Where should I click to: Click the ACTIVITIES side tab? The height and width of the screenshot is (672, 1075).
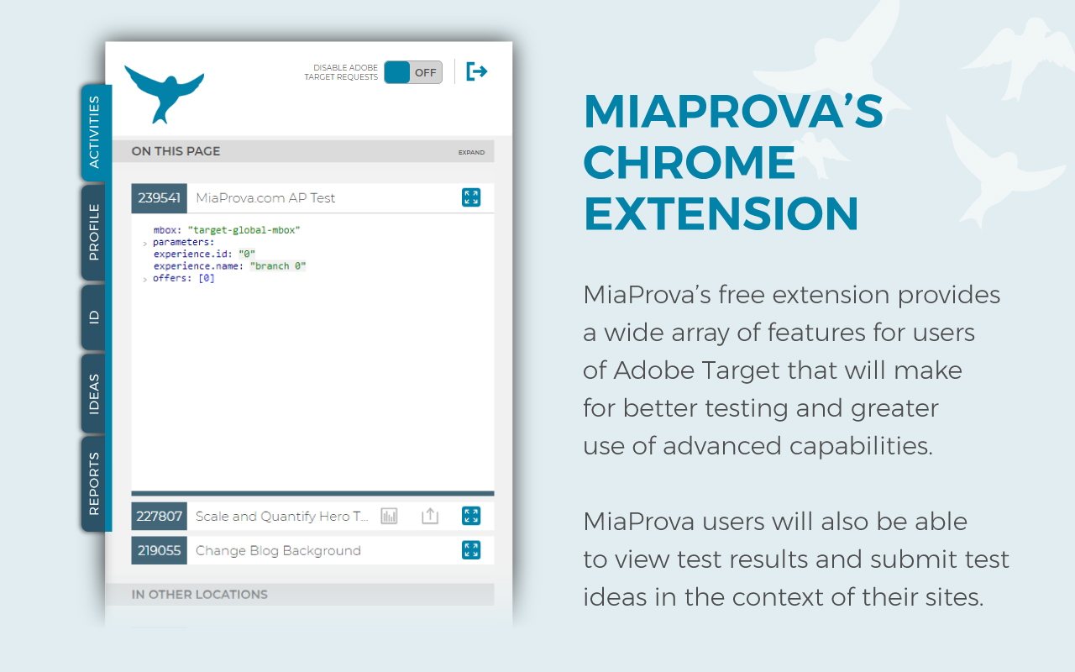(x=95, y=133)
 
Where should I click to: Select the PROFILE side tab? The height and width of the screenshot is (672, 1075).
(x=93, y=233)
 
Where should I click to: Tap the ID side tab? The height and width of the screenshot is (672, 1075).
(x=93, y=317)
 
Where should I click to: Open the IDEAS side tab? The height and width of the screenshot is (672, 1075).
(x=93, y=394)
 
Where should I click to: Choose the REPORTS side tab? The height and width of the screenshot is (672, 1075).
(x=93, y=483)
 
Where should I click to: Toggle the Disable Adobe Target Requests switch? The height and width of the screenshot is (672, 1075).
(x=413, y=72)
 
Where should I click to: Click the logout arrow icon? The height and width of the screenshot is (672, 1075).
(x=476, y=72)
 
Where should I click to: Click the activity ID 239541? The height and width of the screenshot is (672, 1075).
(x=160, y=197)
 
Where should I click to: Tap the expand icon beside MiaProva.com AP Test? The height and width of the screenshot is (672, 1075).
(x=471, y=197)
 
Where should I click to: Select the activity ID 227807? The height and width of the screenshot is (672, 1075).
(x=160, y=516)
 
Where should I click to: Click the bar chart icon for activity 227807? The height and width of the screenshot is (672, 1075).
(x=389, y=516)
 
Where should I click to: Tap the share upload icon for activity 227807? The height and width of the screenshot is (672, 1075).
(x=430, y=516)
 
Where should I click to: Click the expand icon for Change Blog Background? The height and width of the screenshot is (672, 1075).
(x=471, y=550)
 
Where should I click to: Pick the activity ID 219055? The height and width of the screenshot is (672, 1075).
(x=160, y=550)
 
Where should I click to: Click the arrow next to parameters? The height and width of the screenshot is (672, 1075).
(x=145, y=244)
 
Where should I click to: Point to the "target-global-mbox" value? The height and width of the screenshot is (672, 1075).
(x=244, y=230)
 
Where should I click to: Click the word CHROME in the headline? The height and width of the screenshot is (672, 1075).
(x=690, y=162)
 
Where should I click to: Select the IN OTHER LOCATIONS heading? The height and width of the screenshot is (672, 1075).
(x=200, y=594)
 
